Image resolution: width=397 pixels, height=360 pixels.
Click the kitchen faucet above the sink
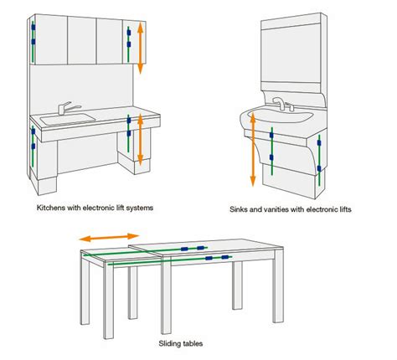point(64,108)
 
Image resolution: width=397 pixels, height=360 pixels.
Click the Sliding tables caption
point(181,343)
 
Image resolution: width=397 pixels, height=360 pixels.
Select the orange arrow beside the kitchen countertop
point(142,138)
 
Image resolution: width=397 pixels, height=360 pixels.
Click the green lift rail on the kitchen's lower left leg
point(31,147)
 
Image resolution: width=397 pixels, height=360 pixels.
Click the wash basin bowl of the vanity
point(276,118)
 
